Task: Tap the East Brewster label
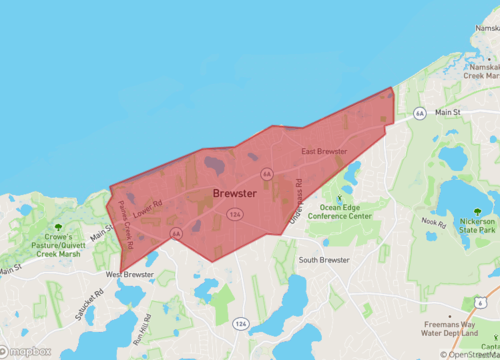point(324,152)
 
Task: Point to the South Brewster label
point(323,260)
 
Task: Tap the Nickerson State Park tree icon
point(478,212)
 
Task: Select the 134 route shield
point(234,215)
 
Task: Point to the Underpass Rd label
point(296,200)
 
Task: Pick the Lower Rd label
point(146,208)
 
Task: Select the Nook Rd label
point(432,222)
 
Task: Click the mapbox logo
point(32,352)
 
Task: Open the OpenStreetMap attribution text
point(471,354)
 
